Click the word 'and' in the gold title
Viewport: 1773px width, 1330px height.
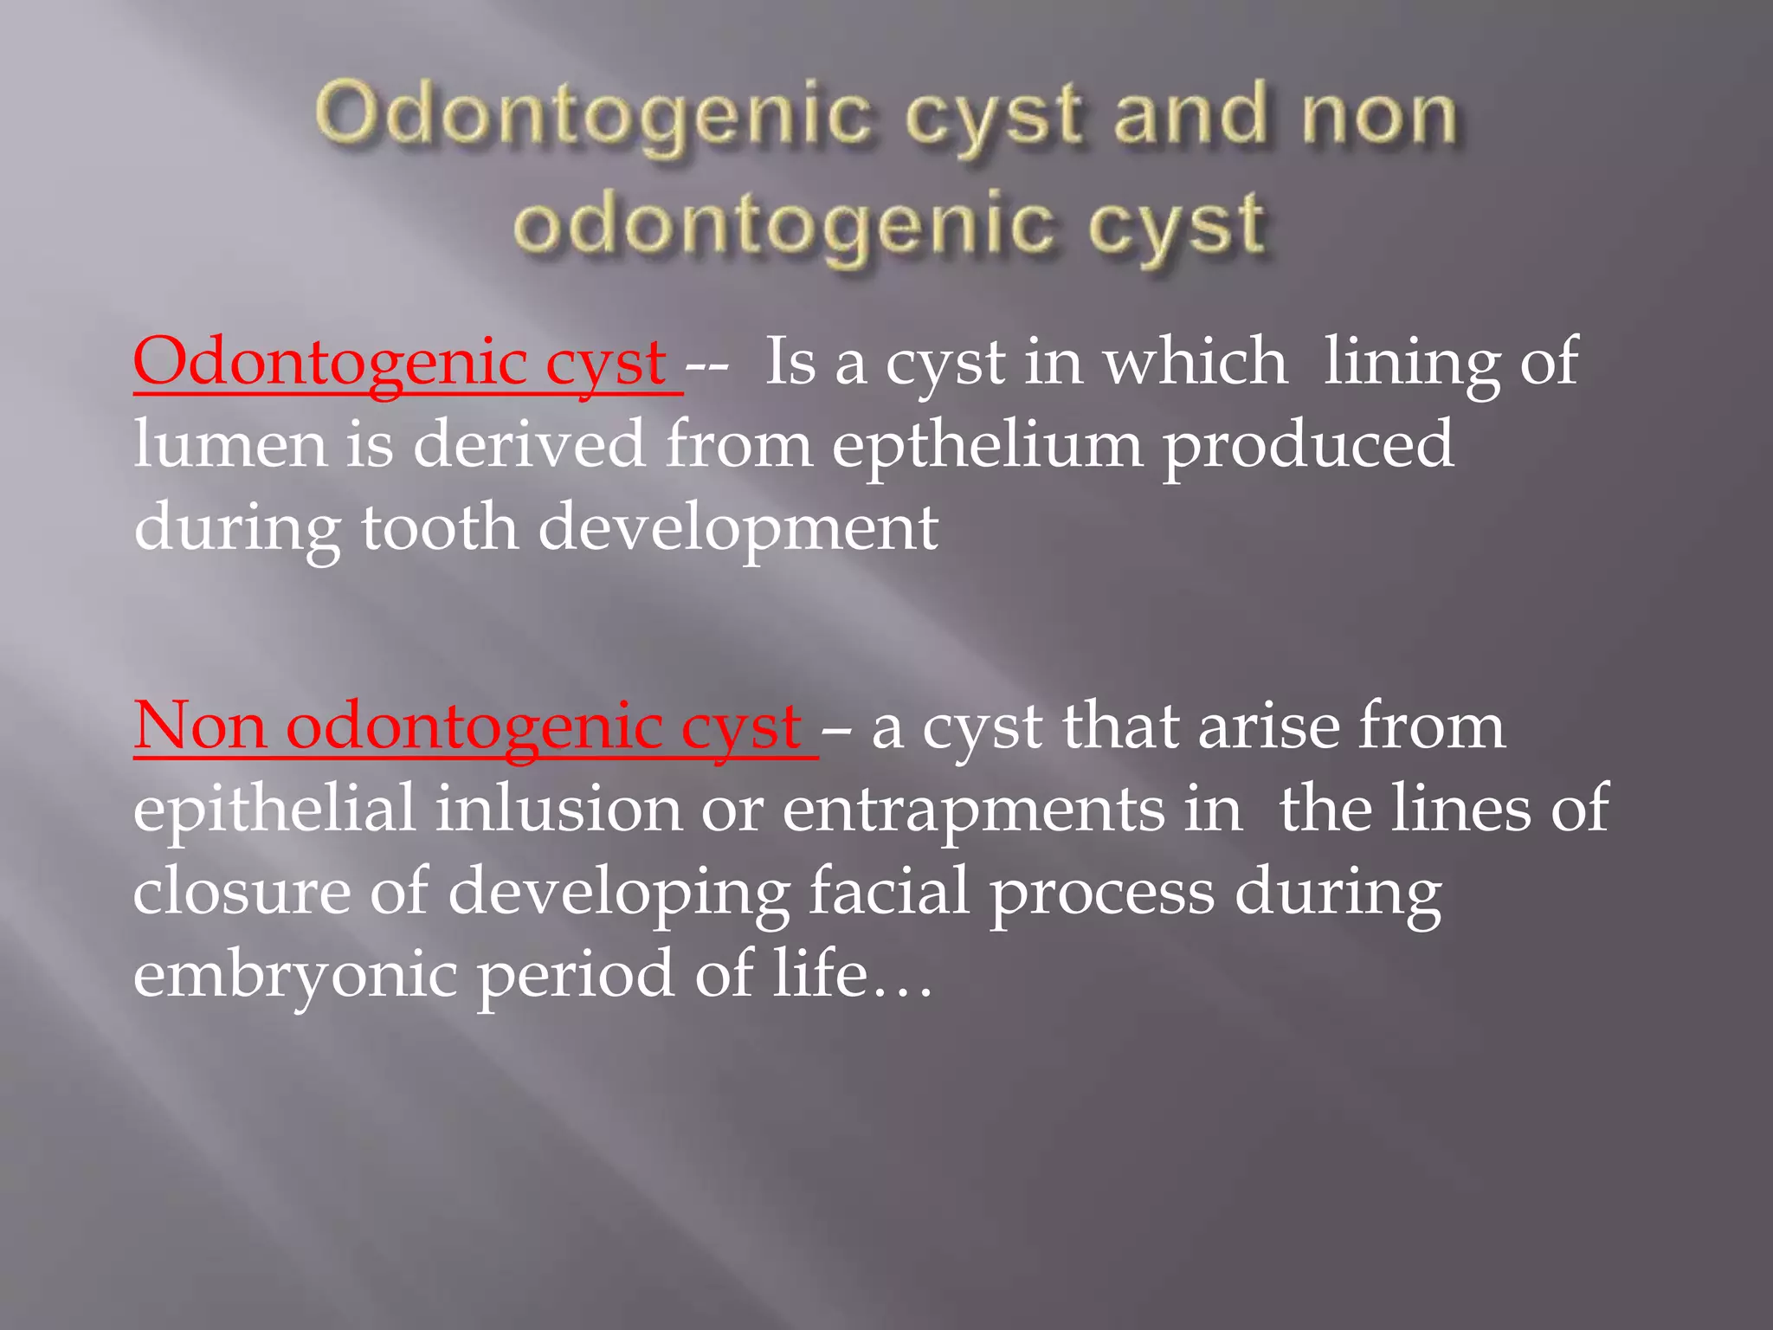click(1187, 117)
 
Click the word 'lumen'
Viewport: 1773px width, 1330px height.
click(230, 444)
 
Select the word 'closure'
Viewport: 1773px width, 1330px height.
click(242, 892)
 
